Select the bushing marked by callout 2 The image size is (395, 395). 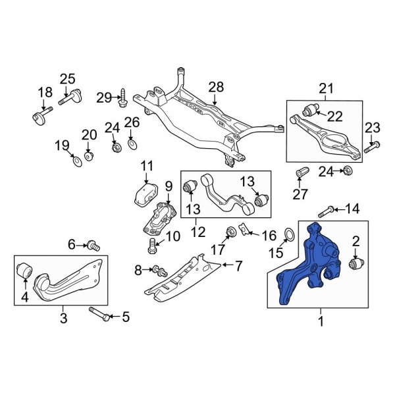coord(357,263)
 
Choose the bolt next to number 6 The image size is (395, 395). coord(94,246)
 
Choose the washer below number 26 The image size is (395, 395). coord(132,144)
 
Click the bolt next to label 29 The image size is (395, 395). coord(122,100)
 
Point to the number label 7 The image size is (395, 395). coord(238,266)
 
